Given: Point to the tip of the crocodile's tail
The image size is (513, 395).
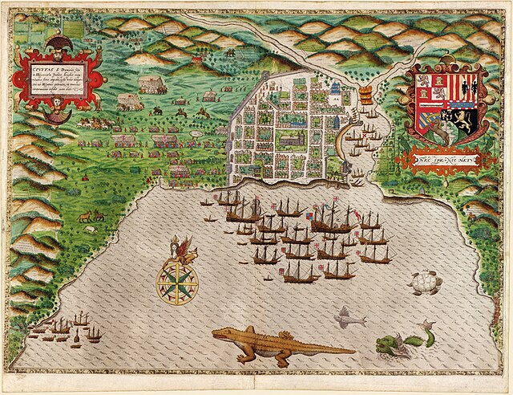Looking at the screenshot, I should click(x=353, y=350).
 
